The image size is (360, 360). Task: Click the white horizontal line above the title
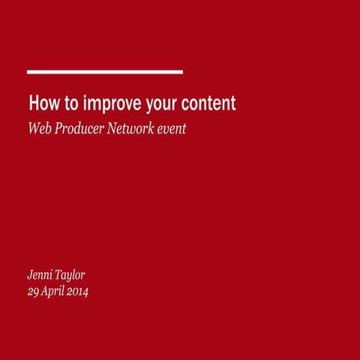point(105,72)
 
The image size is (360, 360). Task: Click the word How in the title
point(42,103)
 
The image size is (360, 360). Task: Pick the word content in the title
point(208,103)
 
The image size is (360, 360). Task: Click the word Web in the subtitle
point(39,128)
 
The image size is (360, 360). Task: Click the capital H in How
point(33,103)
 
